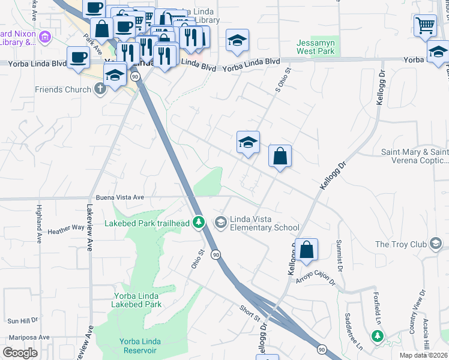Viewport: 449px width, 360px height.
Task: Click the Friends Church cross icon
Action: coord(100,89)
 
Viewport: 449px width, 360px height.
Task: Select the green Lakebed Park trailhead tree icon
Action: coord(200,223)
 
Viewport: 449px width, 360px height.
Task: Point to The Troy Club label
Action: coord(400,244)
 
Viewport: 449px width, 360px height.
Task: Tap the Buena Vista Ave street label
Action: coord(120,197)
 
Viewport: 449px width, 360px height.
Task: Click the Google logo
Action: coord(20,352)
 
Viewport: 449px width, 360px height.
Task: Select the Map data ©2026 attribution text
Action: coord(424,355)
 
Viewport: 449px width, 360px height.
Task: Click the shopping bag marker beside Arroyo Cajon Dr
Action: coord(306,250)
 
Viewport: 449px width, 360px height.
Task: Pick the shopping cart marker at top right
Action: coord(424,25)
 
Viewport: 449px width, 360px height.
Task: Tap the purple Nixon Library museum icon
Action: coord(45,38)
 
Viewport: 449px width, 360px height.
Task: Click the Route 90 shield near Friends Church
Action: coord(136,77)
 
